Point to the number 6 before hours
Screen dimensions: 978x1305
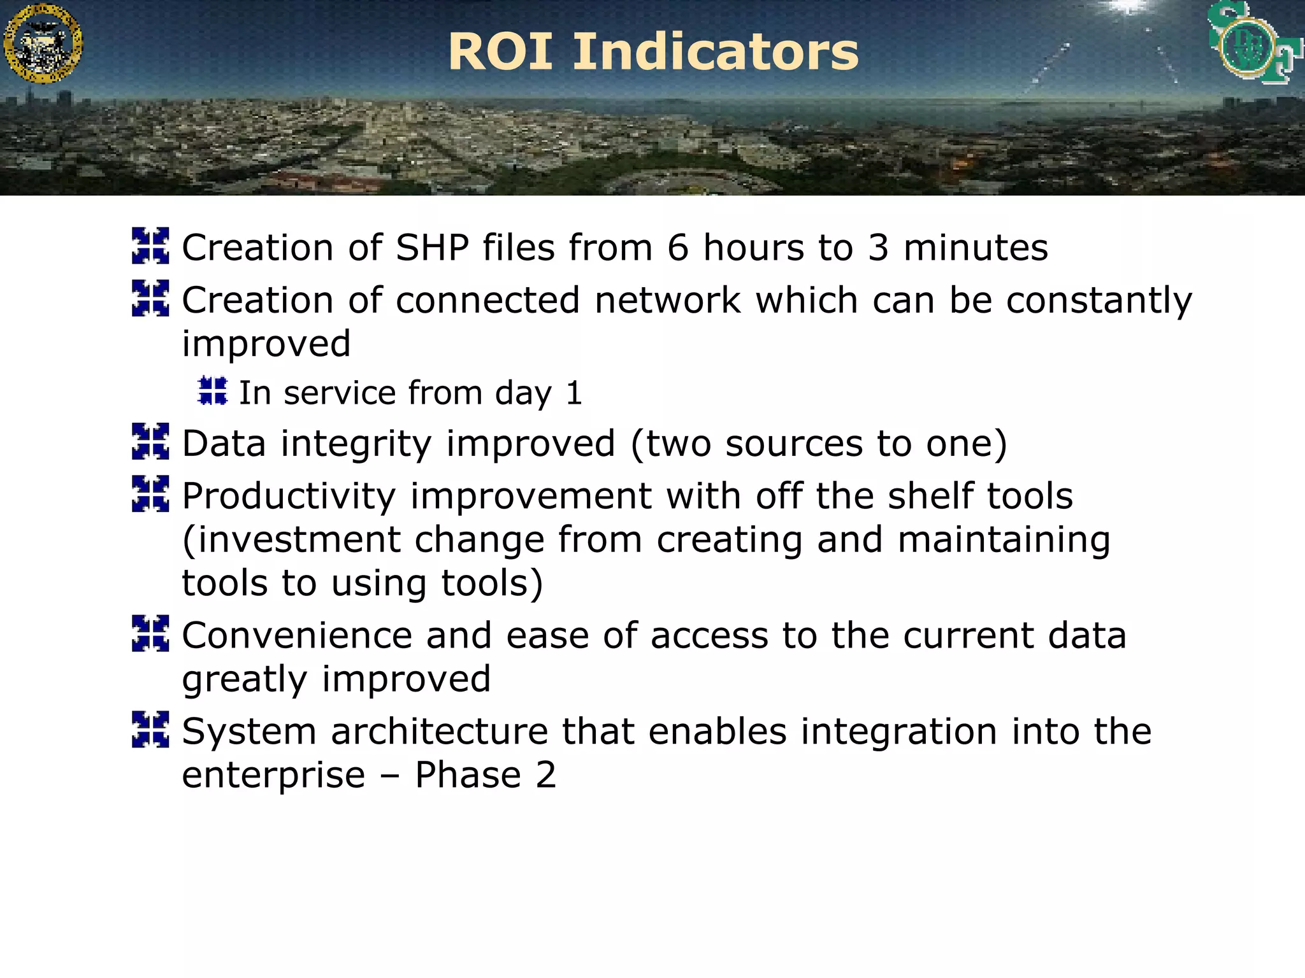click(x=678, y=248)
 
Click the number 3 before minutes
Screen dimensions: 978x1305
click(x=878, y=248)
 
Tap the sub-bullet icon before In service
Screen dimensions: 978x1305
click(x=212, y=391)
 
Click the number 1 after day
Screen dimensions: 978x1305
click(x=574, y=393)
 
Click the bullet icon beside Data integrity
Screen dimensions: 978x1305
click(x=150, y=441)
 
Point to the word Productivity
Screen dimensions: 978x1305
click(x=289, y=497)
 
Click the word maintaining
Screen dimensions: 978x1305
click(x=1004, y=540)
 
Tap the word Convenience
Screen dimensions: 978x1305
click(x=297, y=635)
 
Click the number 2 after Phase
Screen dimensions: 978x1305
click(x=546, y=776)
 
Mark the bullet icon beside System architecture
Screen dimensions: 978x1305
click(x=150, y=729)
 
